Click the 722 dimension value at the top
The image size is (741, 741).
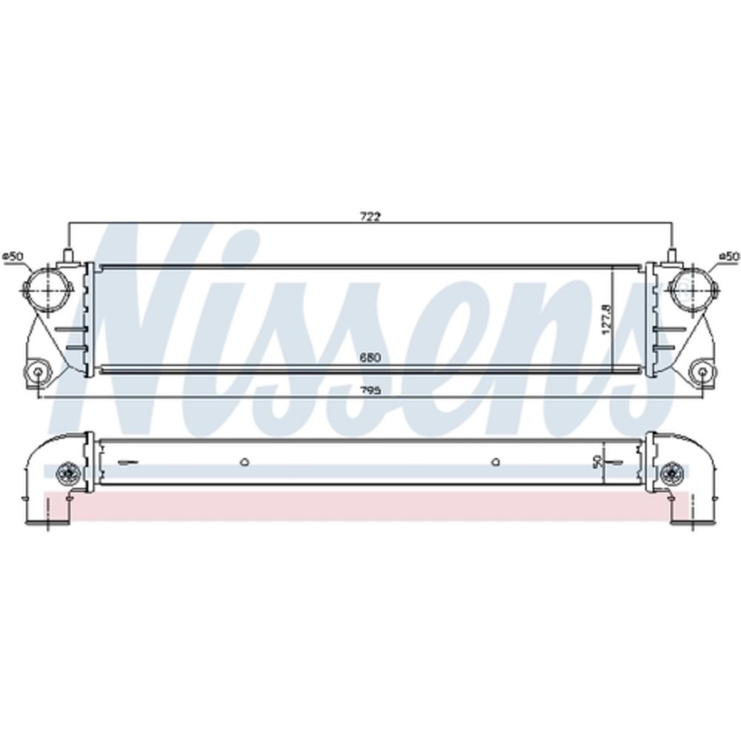coord(370,216)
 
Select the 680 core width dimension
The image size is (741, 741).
coord(370,358)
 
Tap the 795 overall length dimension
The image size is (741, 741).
coord(370,391)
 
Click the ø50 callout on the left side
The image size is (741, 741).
coord(13,256)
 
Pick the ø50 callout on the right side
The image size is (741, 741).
coord(728,256)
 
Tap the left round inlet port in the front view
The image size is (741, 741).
coord(47,288)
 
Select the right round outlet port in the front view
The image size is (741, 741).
coord(694,288)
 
